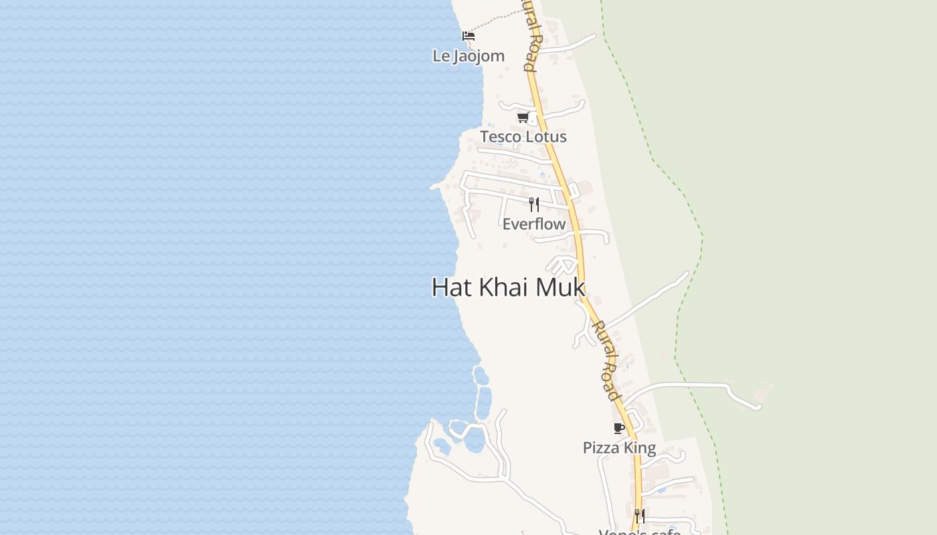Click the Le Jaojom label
coord(468,56)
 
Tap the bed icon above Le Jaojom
coord(468,35)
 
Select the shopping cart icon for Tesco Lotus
coord(523,117)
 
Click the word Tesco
coord(500,137)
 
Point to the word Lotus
coord(545,137)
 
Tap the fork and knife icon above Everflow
coord(534,204)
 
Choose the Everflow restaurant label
coord(534,224)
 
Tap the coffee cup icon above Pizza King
coord(618,428)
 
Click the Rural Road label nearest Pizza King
coord(605,361)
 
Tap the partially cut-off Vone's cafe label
coord(639,532)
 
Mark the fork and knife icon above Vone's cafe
coord(640,516)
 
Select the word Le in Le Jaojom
coord(441,56)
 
